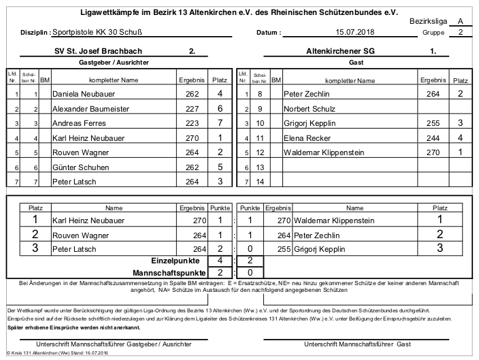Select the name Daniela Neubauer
click(84, 94)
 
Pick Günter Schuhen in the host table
click(80, 167)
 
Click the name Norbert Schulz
click(310, 108)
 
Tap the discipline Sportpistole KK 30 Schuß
click(102, 32)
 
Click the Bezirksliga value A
click(461, 22)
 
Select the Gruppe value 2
click(461, 32)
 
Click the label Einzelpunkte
click(175, 261)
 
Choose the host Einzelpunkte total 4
click(220, 261)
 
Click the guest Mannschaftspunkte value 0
click(250, 272)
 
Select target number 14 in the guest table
click(259, 182)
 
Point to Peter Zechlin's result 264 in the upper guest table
click(433, 94)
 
